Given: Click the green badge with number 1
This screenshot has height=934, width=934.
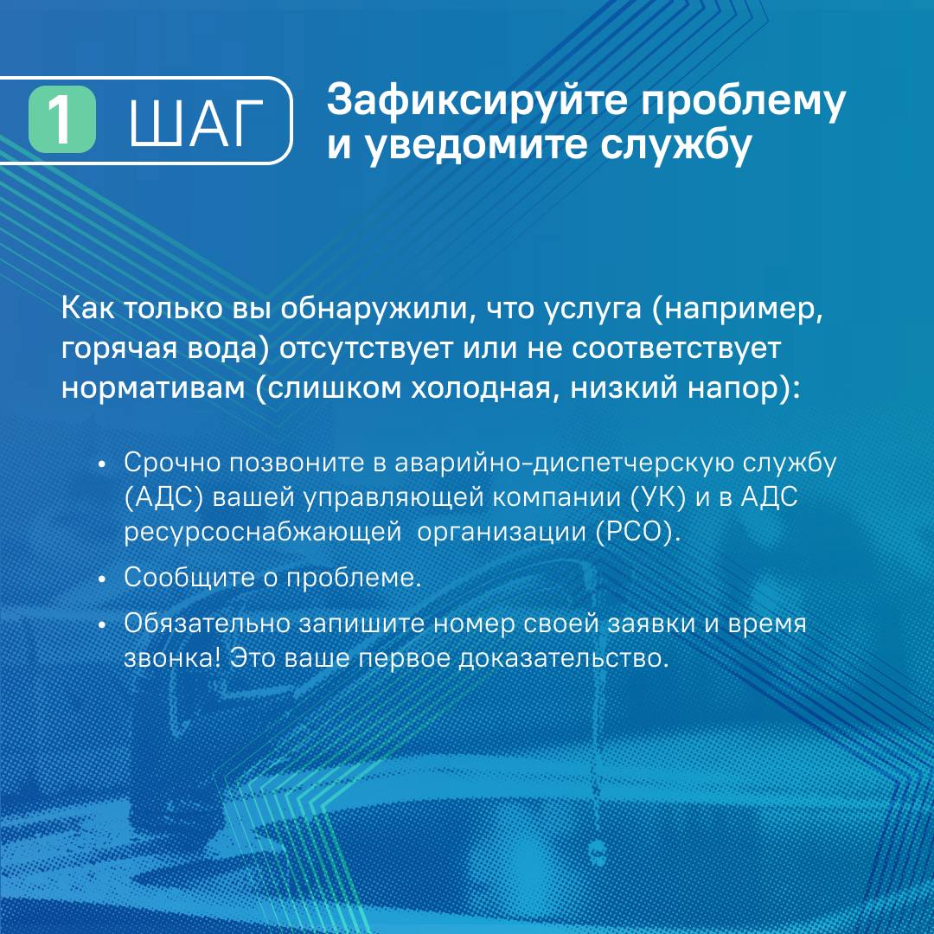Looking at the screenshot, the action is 62,119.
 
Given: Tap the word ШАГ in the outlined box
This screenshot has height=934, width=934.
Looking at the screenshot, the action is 196,124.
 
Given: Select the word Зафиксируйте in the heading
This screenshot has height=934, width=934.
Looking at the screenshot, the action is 477,102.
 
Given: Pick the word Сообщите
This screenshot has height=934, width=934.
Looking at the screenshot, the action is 189,578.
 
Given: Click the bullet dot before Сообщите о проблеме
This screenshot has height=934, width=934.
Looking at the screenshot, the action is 102,579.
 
